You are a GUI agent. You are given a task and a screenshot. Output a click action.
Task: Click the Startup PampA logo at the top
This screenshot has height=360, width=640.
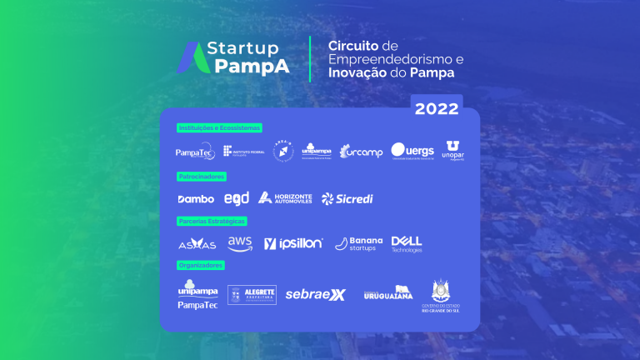(x=234, y=57)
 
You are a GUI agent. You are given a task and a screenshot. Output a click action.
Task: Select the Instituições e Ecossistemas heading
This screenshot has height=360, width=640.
(x=219, y=127)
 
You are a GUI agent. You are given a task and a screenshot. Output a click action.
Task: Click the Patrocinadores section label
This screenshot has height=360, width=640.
(x=202, y=177)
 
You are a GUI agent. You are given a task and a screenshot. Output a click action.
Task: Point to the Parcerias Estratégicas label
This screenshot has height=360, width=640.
(x=212, y=221)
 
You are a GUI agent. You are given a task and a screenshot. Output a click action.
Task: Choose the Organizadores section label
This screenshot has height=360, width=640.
(x=201, y=265)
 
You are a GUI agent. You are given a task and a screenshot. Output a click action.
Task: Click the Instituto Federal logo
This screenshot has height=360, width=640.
(x=244, y=152)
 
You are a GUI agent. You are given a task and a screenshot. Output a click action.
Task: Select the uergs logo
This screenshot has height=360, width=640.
(x=412, y=151)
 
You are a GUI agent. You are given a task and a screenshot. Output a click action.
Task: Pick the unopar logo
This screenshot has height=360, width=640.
(x=453, y=150)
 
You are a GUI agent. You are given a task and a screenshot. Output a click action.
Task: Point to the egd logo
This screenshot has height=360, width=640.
(x=237, y=198)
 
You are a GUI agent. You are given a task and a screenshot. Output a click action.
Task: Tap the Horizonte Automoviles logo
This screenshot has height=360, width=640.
(x=285, y=197)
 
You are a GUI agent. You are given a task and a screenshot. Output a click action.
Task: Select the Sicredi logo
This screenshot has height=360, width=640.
(x=347, y=198)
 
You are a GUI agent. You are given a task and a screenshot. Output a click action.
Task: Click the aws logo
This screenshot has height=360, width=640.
(x=240, y=242)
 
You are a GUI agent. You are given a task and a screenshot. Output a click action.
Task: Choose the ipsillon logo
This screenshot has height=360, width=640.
(x=293, y=243)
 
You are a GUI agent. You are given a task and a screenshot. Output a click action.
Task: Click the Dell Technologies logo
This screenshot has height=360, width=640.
(x=407, y=243)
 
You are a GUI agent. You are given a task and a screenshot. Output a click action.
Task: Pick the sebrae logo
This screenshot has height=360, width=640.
(x=315, y=294)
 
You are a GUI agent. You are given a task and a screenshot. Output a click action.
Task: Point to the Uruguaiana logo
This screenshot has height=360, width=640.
(x=387, y=293)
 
